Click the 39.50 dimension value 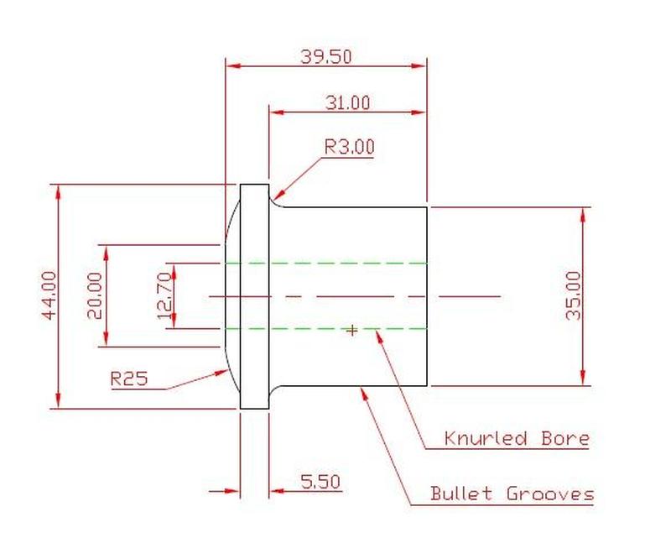click(x=326, y=56)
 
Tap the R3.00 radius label click(x=349, y=147)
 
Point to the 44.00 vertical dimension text click(x=49, y=295)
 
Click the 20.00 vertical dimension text click(x=94, y=295)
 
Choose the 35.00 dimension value click(x=574, y=295)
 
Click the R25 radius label click(x=129, y=379)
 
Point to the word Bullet click(x=461, y=493)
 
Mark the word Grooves click(x=549, y=493)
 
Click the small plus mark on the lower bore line click(x=352, y=331)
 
